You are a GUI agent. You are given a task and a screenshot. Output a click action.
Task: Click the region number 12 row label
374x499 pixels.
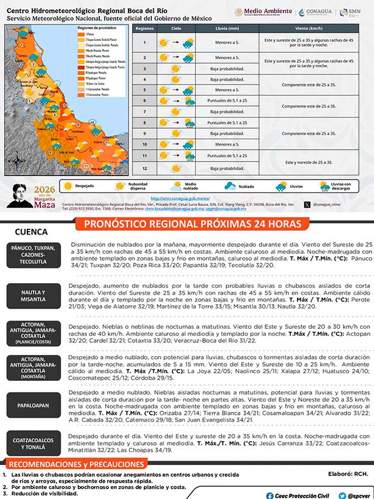(x=144, y=168)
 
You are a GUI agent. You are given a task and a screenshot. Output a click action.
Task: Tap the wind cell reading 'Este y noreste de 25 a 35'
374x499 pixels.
(x=308, y=161)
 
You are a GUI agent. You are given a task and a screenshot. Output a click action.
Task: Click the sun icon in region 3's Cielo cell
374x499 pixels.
(x=175, y=68)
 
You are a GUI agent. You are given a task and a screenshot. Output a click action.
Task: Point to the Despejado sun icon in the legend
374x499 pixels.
(x=68, y=186)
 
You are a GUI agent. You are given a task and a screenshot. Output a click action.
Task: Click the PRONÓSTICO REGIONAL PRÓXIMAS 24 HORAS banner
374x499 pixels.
(x=193, y=224)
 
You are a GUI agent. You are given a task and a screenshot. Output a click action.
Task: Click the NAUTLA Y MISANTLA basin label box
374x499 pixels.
(x=33, y=295)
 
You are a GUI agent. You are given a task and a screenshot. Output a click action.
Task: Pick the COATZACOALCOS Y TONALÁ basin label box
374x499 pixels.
(x=33, y=443)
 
